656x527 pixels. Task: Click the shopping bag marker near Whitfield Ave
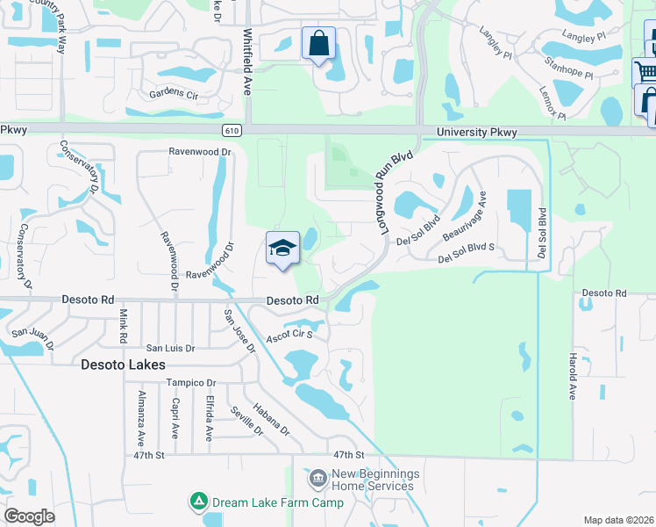point(318,42)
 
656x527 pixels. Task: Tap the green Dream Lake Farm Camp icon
point(199,502)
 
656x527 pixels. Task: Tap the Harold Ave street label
point(572,377)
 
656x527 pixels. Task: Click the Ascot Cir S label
point(289,336)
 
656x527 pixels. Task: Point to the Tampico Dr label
point(191,383)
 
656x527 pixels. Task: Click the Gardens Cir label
point(174,93)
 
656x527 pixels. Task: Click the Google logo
point(30,516)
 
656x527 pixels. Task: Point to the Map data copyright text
point(617,520)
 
